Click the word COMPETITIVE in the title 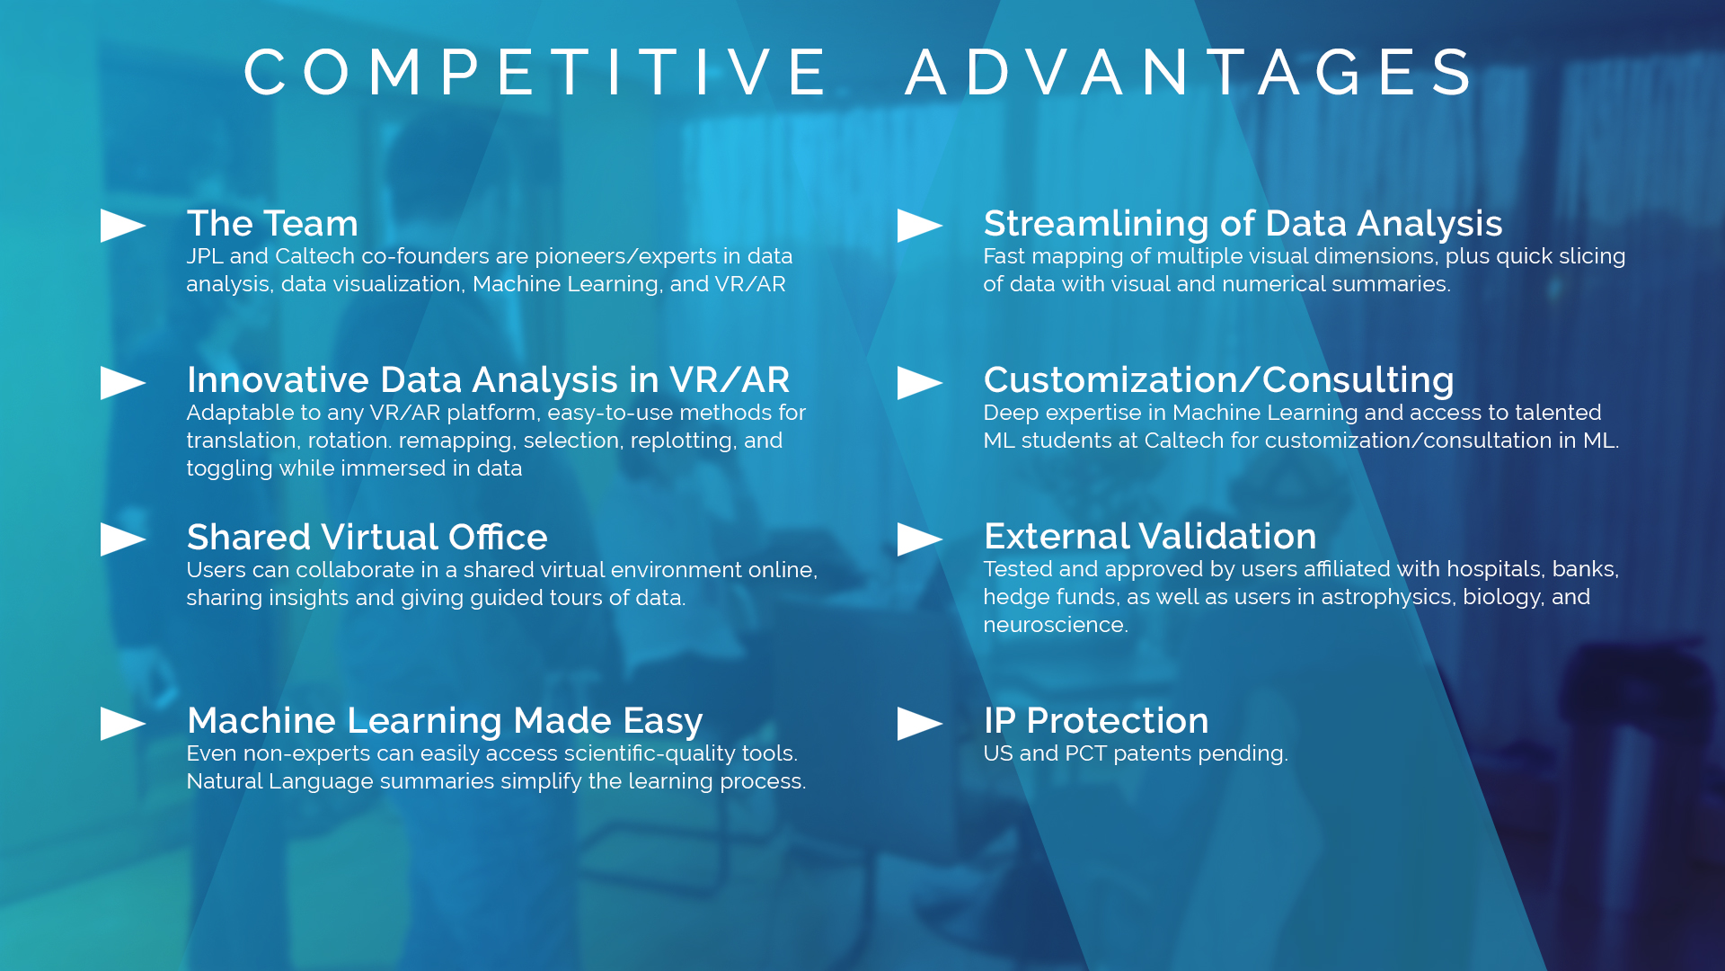click(x=536, y=72)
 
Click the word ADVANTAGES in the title click(x=1190, y=72)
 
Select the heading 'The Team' click(x=272, y=223)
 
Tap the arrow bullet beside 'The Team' click(x=123, y=226)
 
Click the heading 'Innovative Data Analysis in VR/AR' click(x=488, y=379)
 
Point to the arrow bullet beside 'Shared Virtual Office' click(x=123, y=539)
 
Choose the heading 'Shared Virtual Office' click(x=367, y=537)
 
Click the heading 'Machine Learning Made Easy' click(x=445, y=721)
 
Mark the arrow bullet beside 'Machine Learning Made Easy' click(x=123, y=724)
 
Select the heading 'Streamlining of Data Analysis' click(x=1243, y=223)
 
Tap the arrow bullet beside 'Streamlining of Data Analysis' click(x=920, y=226)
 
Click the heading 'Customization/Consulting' click(x=1218, y=379)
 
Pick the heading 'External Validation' click(x=1150, y=537)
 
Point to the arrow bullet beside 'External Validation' click(x=920, y=539)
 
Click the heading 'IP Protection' click(x=1096, y=720)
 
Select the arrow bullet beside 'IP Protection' click(x=920, y=724)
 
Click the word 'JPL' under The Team click(x=205, y=256)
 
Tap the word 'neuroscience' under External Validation click(x=1055, y=625)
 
